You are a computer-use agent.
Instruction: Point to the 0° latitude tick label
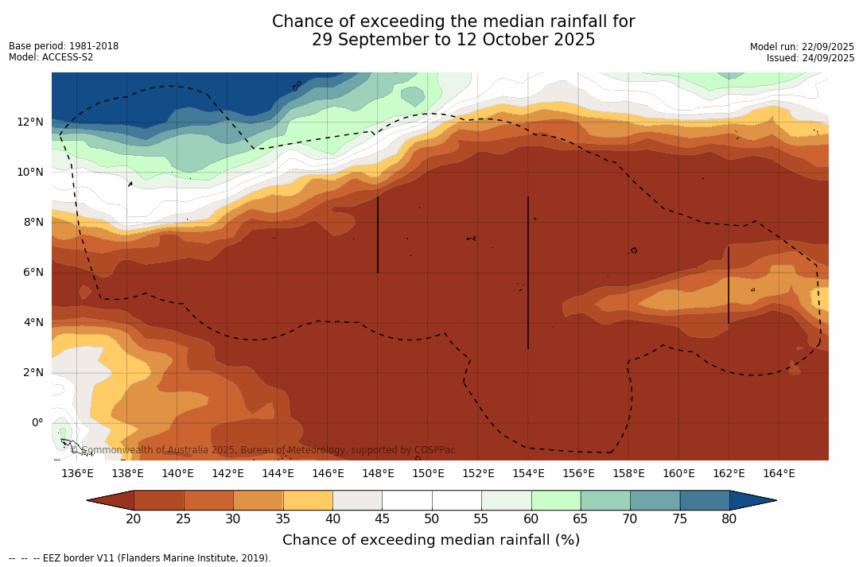[x=37, y=422]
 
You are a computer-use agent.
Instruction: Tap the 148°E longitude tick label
[x=378, y=474]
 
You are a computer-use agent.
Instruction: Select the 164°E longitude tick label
[x=779, y=474]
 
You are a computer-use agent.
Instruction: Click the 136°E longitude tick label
[x=77, y=474]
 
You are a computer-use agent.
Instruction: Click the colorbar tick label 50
[x=432, y=519]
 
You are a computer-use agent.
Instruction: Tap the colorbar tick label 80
[x=729, y=519]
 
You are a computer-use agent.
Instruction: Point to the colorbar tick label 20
[x=134, y=519]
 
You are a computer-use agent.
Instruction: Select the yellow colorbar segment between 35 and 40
[x=308, y=500]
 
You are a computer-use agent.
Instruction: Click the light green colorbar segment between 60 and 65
[x=556, y=500]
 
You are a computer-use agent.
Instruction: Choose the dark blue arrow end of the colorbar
[x=752, y=500]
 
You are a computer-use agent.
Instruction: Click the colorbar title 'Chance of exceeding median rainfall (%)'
[x=431, y=540]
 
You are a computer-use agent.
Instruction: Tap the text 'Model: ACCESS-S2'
[x=51, y=57]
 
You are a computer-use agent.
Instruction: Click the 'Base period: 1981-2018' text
[x=64, y=46]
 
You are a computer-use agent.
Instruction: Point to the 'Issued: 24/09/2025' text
[x=811, y=58]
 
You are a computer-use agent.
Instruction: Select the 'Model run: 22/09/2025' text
[x=802, y=47]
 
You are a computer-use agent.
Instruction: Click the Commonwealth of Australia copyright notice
[x=262, y=450]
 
